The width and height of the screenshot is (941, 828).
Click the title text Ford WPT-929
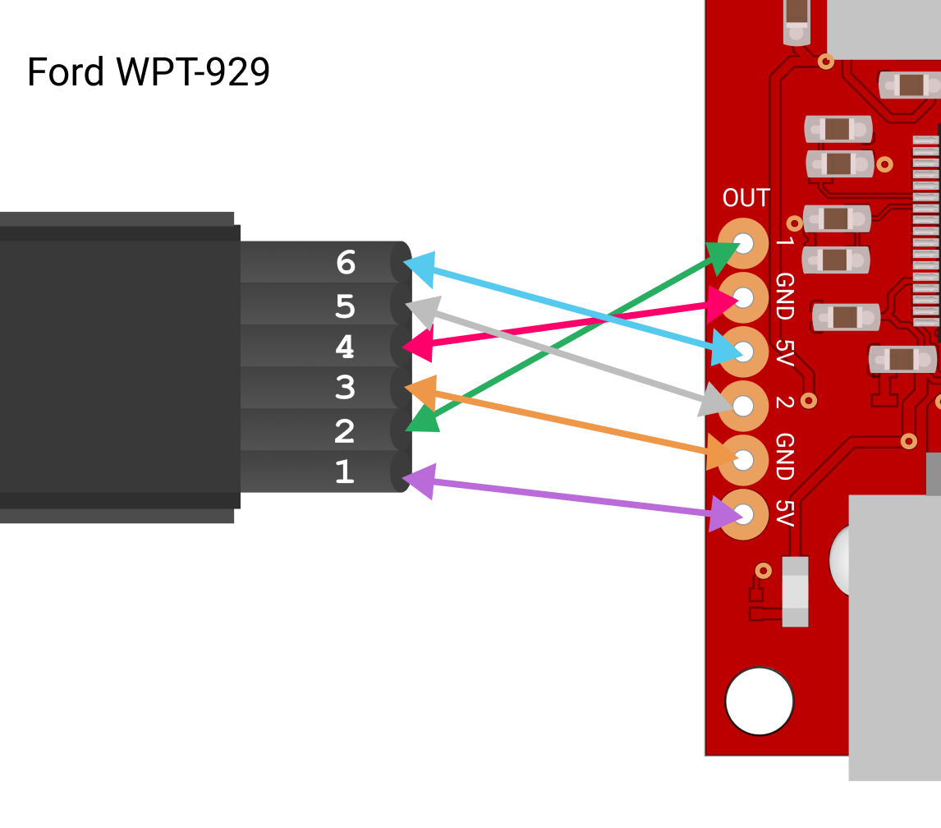tap(149, 72)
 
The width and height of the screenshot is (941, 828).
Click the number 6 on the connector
tap(346, 263)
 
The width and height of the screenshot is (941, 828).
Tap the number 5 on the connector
tap(346, 306)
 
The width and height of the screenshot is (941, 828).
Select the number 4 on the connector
tap(345, 347)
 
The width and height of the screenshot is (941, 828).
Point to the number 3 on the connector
tap(346, 388)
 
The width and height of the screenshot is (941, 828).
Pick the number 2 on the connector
tap(345, 431)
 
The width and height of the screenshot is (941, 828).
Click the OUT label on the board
tap(746, 198)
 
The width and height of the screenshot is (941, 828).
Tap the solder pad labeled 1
tap(743, 243)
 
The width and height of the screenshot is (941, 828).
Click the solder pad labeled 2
tap(743, 406)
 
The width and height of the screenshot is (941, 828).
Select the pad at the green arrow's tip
tap(743, 243)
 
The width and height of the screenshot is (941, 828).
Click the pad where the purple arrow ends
tap(743, 514)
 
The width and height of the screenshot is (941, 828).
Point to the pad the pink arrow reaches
tap(743, 297)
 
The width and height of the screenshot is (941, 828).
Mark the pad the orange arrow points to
tap(743, 460)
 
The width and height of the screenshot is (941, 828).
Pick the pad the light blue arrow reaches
tap(743, 352)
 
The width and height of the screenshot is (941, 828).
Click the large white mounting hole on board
tap(760, 701)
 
